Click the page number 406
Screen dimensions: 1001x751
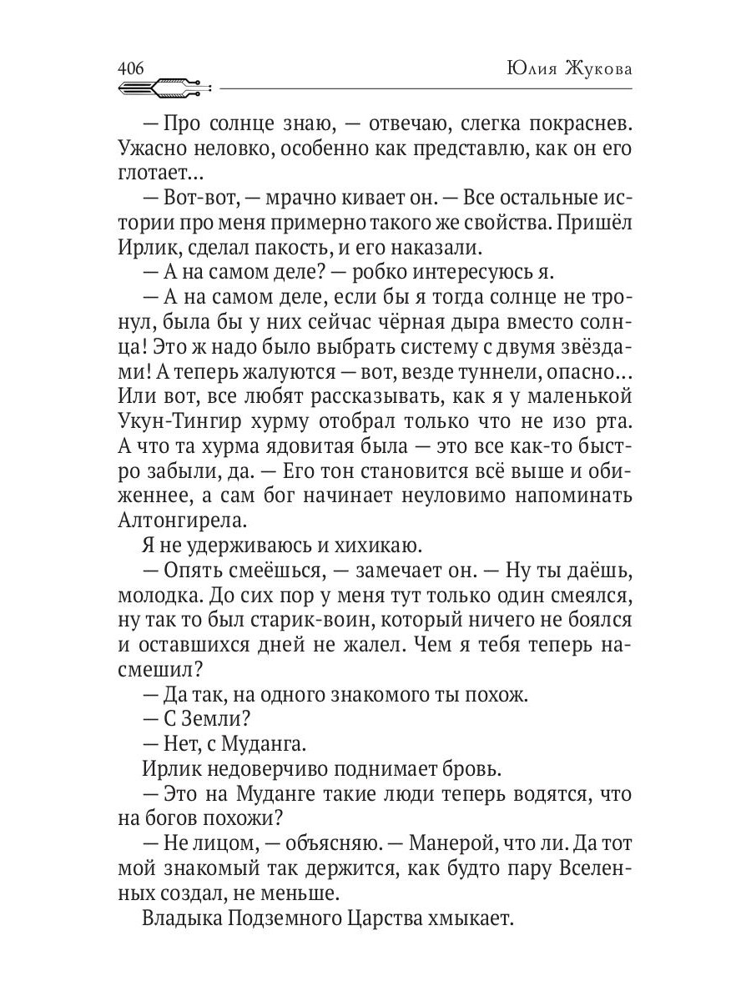pos(132,68)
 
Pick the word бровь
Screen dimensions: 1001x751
pos(471,768)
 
